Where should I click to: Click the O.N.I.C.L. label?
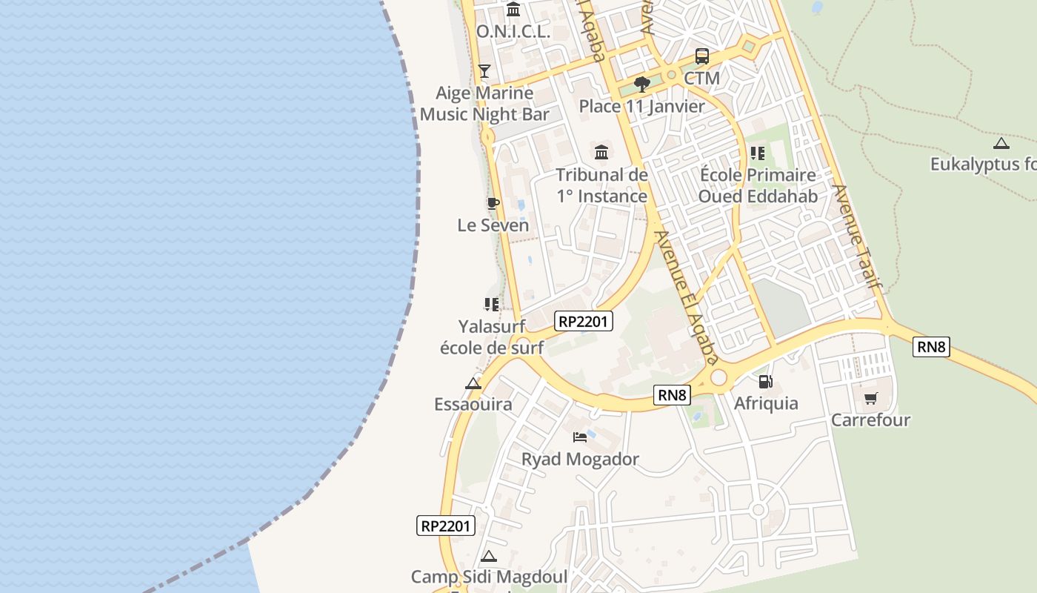pyautogui.click(x=513, y=32)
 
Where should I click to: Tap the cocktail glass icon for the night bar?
pyautogui.click(x=484, y=71)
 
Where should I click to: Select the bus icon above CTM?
pyautogui.click(x=701, y=56)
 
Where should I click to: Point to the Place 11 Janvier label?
pyautogui.click(x=641, y=106)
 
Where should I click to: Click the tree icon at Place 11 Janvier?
pyautogui.click(x=642, y=85)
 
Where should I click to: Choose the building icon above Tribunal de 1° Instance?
pyautogui.click(x=601, y=153)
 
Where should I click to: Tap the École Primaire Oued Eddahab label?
pyautogui.click(x=757, y=186)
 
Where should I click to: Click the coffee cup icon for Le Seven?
pyautogui.click(x=493, y=203)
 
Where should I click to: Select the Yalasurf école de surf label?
pyautogui.click(x=492, y=337)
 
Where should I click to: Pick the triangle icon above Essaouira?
pyautogui.click(x=473, y=383)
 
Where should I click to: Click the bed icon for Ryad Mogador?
pyautogui.click(x=580, y=437)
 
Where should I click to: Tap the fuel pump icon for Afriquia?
pyautogui.click(x=766, y=382)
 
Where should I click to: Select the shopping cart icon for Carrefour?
pyautogui.click(x=870, y=399)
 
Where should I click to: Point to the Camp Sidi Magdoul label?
pyautogui.click(x=489, y=577)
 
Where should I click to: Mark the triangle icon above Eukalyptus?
pyautogui.click(x=1001, y=143)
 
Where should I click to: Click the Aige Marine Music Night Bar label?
pyautogui.click(x=484, y=104)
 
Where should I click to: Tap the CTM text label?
pyautogui.click(x=701, y=78)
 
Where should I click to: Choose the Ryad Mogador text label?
pyautogui.click(x=580, y=459)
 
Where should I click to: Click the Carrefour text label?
pyautogui.click(x=870, y=420)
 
